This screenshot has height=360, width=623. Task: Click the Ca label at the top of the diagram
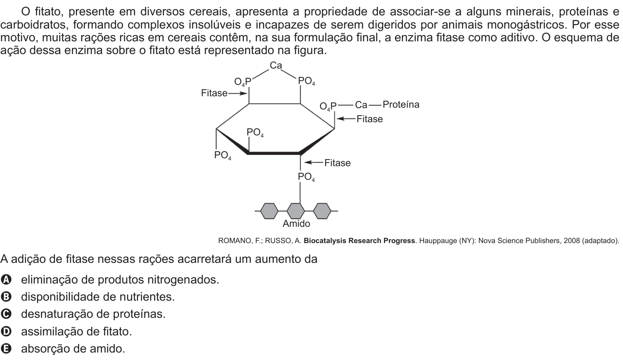275,65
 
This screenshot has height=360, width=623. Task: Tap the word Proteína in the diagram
401,105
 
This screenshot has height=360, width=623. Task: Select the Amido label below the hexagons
296,224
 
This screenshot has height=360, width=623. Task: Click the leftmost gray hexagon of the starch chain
269,211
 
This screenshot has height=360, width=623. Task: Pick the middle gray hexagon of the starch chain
296,211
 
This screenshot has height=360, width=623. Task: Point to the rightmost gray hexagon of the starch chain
322,211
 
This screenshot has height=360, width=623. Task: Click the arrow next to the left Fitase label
238,94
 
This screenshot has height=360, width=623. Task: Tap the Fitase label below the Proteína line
369,119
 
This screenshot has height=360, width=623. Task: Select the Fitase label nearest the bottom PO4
337,163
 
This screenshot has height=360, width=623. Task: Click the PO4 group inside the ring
255,133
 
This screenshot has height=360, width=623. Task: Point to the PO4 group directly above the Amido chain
306,177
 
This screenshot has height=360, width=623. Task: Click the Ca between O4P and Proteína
361,105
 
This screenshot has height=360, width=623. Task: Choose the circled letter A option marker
6,280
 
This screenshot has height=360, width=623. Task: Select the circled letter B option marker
6,297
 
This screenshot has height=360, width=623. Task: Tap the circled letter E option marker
6,349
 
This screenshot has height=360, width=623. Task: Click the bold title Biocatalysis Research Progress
359,240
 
